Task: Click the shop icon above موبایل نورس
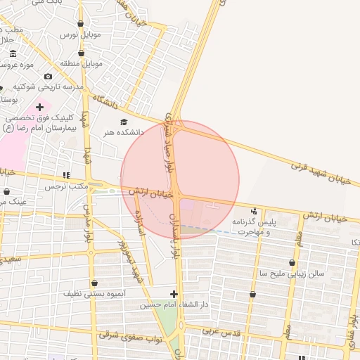[81, 24]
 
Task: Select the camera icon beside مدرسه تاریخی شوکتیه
[48, 76]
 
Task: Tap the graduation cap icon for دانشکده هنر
[124, 122]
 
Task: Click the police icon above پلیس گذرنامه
[254, 211]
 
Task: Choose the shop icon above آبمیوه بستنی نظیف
[94, 283]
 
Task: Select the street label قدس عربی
[221, 330]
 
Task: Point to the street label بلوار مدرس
[89, 224]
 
